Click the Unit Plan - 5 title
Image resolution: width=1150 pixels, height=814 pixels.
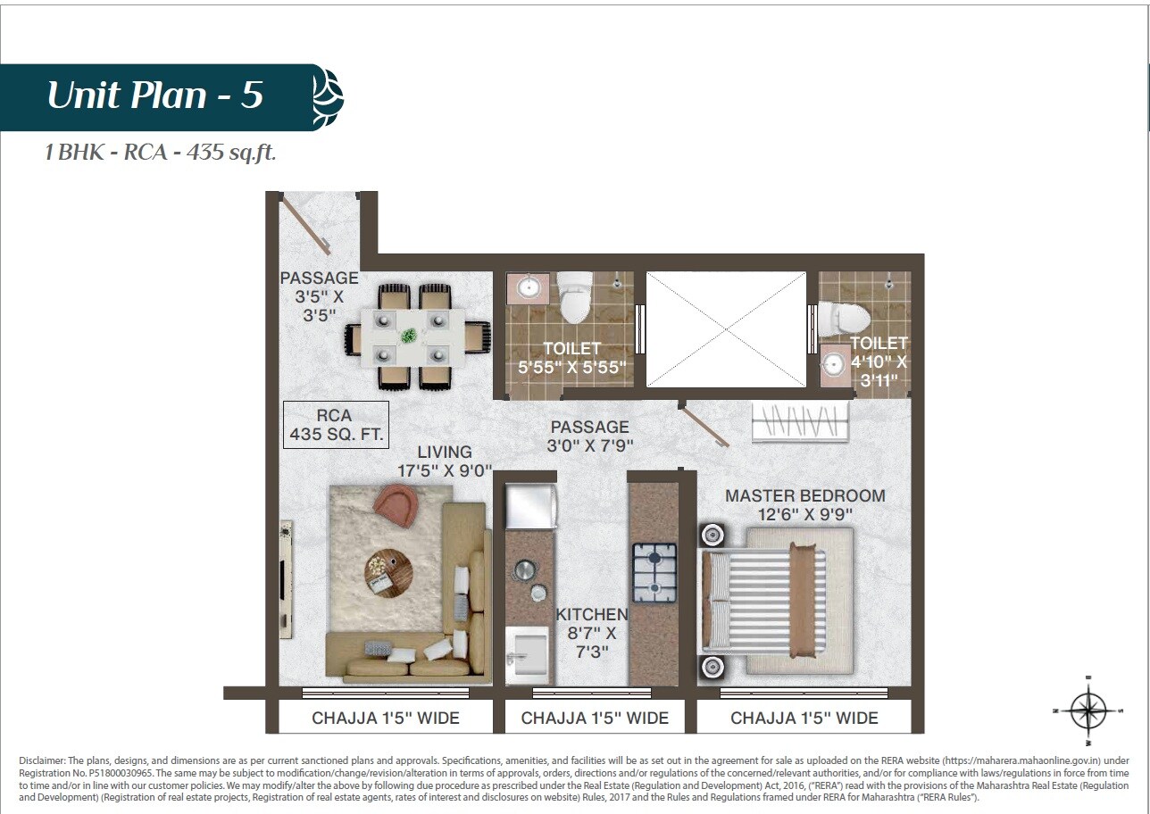(x=154, y=96)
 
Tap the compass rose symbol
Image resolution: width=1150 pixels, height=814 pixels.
(x=1087, y=710)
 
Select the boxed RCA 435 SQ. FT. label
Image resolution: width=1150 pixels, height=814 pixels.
(x=336, y=425)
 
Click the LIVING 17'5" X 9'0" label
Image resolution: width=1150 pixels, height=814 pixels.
(x=445, y=461)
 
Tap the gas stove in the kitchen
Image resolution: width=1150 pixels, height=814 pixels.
(x=654, y=572)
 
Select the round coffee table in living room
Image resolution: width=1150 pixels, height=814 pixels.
(x=389, y=572)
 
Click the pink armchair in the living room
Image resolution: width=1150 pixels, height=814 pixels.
(x=397, y=504)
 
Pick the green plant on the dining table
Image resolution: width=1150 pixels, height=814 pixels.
(x=408, y=336)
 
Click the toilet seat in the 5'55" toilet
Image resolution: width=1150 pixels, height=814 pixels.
(x=574, y=297)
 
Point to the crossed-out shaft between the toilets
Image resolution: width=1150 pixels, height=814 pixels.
(x=725, y=329)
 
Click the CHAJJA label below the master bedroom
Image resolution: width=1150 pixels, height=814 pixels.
(x=804, y=718)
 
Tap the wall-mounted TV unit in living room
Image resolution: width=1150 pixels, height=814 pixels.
(x=286, y=579)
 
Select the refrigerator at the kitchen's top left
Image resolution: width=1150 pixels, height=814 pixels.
(x=531, y=506)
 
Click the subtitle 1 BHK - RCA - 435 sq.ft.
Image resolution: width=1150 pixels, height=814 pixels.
(x=161, y=153)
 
